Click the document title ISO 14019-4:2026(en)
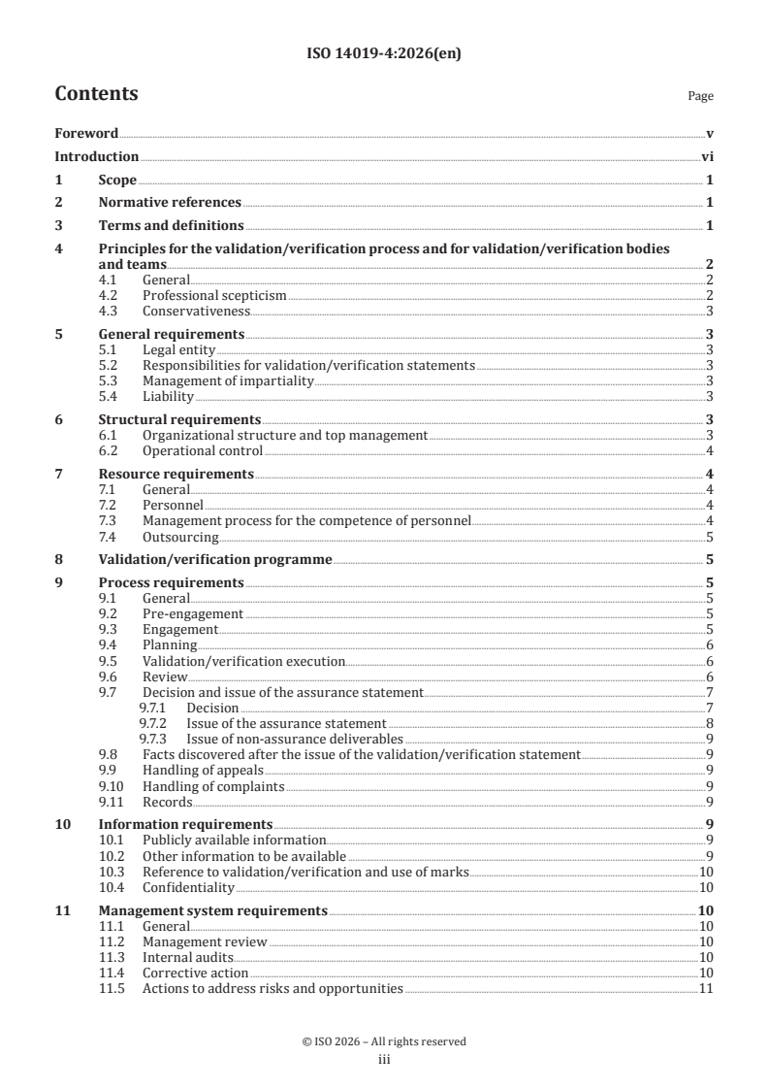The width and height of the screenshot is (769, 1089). point(383,54)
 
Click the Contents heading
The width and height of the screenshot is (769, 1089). point(96,94)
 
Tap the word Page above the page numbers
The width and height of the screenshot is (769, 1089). point(700,97)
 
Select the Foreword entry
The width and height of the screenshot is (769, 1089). point(86,133)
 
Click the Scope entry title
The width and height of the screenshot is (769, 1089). point(117,180)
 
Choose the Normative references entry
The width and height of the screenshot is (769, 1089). point(170,203)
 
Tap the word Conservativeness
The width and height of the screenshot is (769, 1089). point(196,311)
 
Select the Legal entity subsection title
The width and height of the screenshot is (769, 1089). point(178,349)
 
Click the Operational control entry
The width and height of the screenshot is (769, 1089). point(202,450)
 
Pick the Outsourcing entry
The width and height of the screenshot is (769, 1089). point(180,536)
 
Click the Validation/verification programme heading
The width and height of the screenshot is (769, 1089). point(215,559)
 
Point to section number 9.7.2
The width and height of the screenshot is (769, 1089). point(153,723)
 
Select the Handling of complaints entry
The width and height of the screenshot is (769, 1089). point(213,785)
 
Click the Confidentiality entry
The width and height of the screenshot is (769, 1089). point(188,886)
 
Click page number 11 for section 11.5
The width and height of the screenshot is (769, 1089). point(706,988)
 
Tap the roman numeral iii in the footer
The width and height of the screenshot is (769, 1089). point(383,1060)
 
